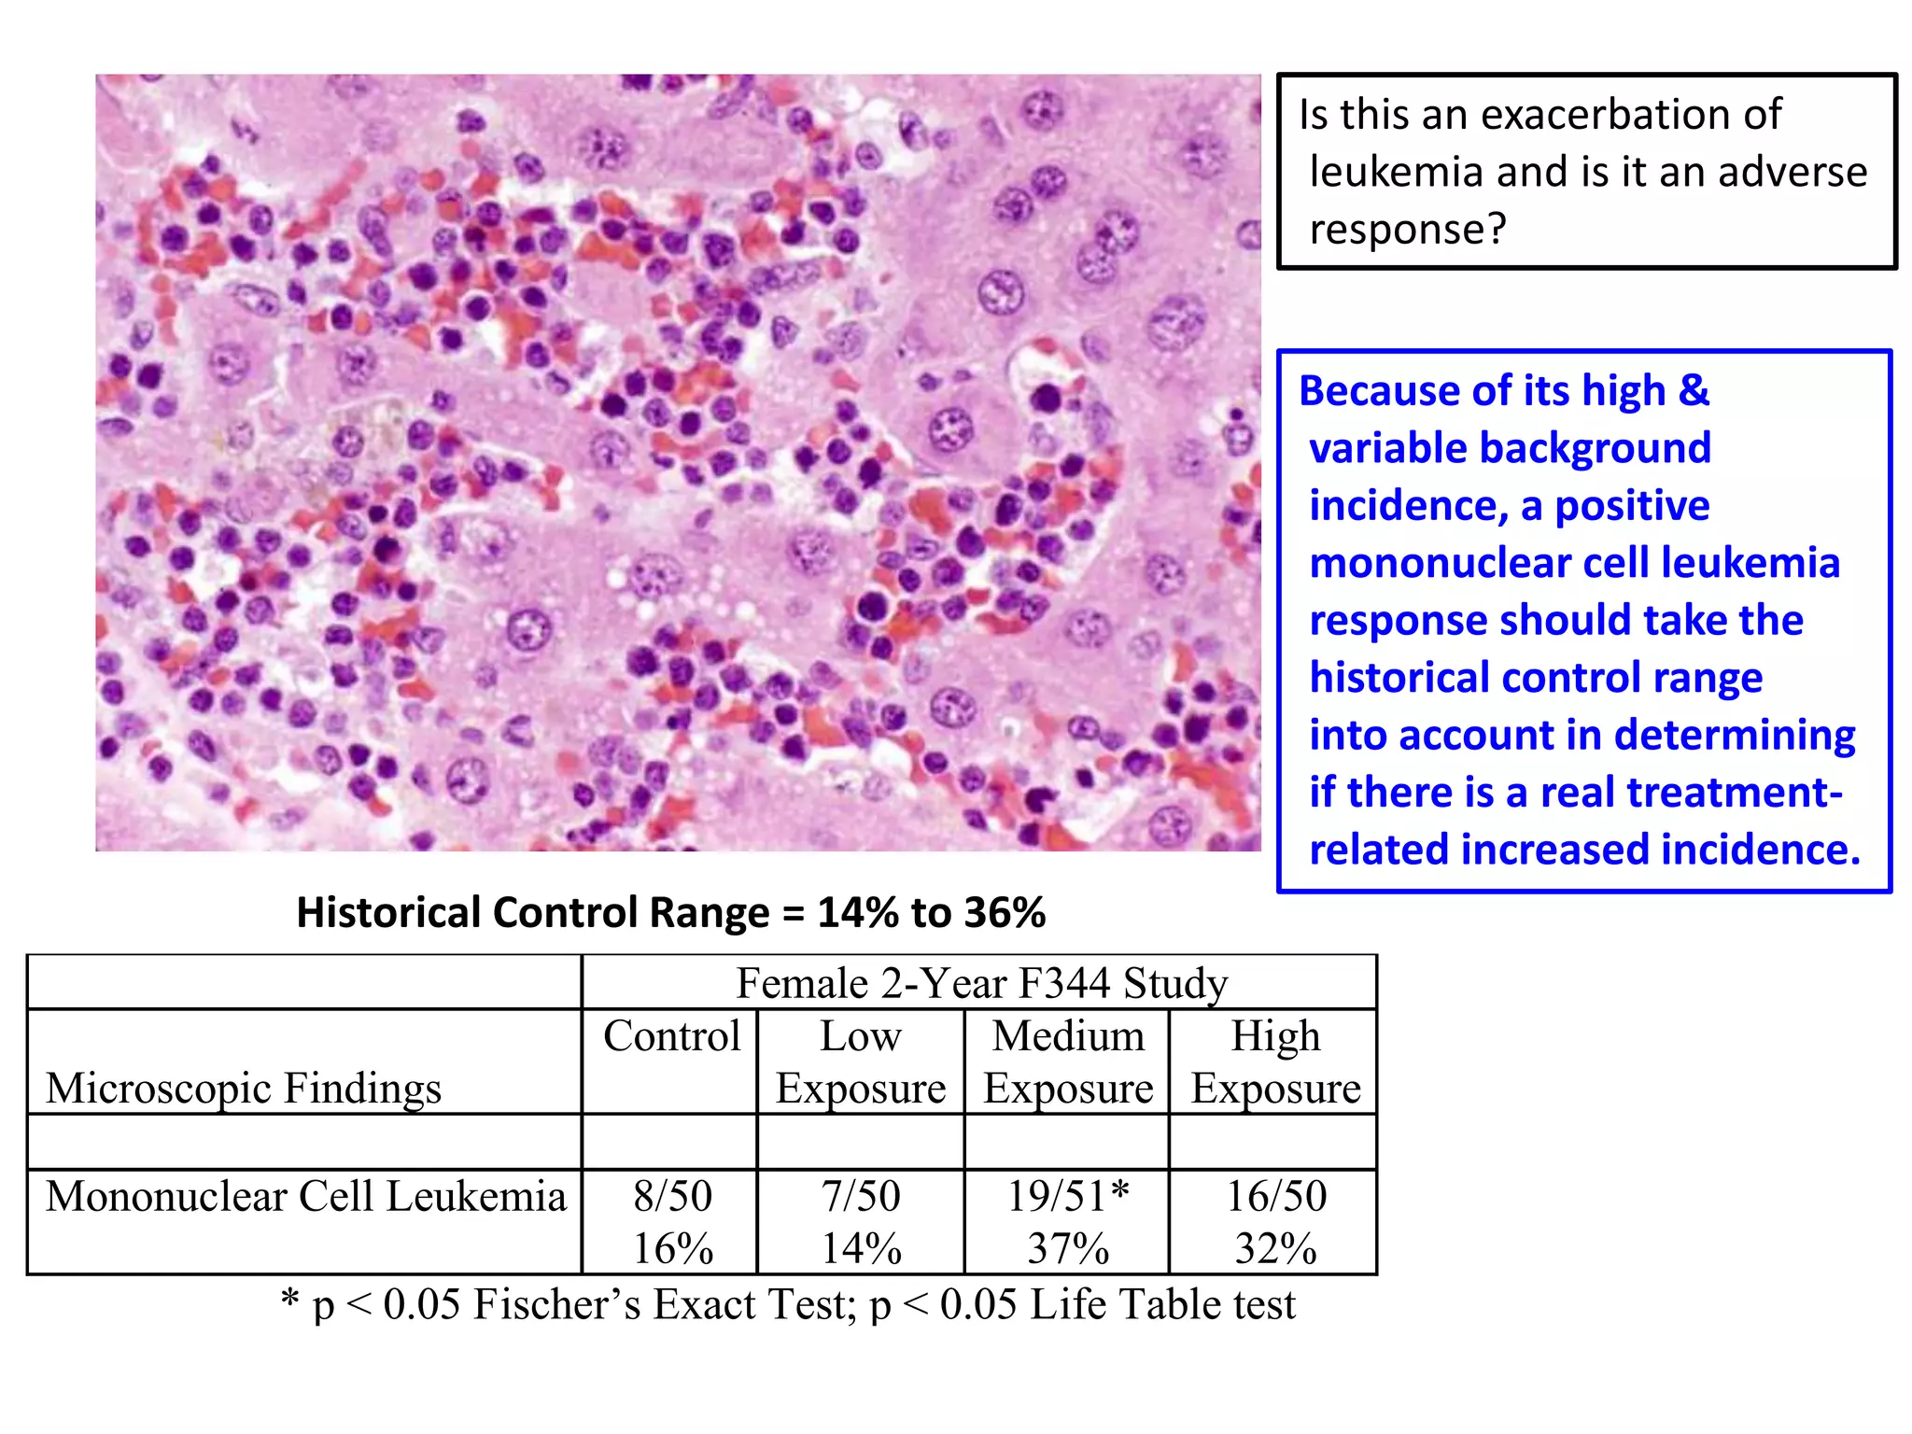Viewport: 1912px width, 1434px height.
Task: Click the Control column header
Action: coord(671,1036)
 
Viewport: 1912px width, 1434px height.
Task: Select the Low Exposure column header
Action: coord(861,1062)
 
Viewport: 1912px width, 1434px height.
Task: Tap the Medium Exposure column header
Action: coord(1068,1062)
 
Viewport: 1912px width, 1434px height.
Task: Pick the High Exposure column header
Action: coord(1275,1062)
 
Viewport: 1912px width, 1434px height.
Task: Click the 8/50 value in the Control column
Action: coord(672,1196)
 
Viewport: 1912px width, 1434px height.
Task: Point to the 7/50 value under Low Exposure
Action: coord(861,1196)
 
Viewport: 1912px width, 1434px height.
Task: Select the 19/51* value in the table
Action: coord(1068,1196)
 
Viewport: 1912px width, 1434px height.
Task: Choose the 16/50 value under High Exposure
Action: coord(1275,1196)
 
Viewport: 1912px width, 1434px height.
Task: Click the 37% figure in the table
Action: coord(1068,1249)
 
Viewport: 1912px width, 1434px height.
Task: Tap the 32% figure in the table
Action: coord(1275,1249)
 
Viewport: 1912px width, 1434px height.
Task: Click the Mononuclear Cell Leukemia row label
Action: coord(305,1197)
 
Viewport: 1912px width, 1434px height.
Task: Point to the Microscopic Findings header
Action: coord(244,1089)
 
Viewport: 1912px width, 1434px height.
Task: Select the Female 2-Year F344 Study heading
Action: coord(981,983)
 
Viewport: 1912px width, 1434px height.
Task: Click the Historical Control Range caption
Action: coord(670,912)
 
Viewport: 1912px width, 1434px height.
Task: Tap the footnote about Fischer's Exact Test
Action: coord(788,1304)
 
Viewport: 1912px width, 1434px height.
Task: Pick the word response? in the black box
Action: coord(1408,229)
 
